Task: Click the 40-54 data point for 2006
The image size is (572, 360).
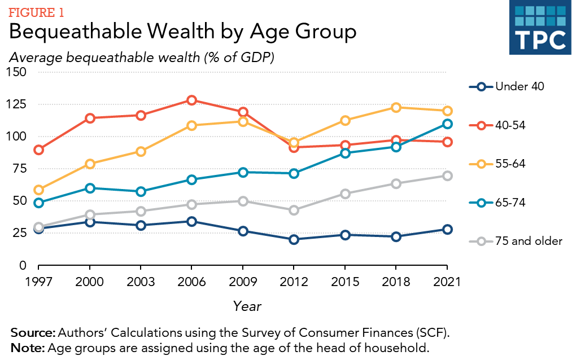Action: (x=191, y=100)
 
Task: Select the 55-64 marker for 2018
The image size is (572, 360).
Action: (x=396, y=107)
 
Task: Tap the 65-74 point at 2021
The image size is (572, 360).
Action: (x=447, y=124)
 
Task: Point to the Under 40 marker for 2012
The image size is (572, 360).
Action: (x=294, y=239)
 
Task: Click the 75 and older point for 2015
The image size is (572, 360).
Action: (x=345, y=194)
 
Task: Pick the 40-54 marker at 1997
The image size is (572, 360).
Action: (x=38, y=150)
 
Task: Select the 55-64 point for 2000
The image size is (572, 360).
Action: (x=89, y=164)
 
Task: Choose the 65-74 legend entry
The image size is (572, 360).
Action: (x=510, y=203)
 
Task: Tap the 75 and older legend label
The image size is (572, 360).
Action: (x=529, y=241)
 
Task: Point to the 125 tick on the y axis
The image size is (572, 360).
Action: (x=17, y=104)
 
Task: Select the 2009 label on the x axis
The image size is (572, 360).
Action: (x=242, y=282)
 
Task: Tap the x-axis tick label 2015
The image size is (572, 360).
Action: (x=345, y=282)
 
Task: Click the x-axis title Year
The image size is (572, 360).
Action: (x=247, y=306)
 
